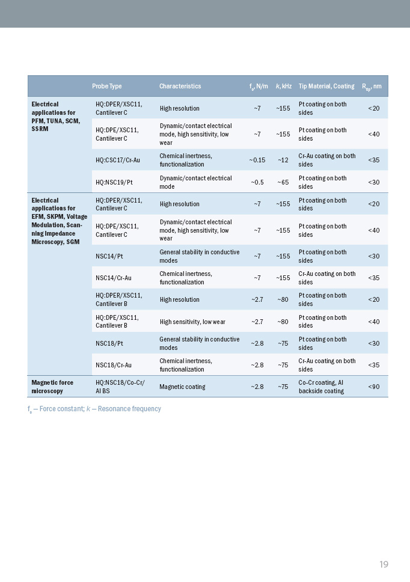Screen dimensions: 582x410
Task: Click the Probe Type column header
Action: (106, 87)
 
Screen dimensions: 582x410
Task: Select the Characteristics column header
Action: (180, 87)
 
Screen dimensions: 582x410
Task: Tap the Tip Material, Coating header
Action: (326, 87)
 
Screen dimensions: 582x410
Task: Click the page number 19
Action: (384, 564)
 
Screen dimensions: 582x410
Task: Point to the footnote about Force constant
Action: (94, 409)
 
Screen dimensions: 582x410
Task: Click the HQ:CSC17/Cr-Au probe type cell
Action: (118, 160)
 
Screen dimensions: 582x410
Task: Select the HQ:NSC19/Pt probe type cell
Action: (114, 182)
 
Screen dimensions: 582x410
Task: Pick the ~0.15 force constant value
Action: (257, 160)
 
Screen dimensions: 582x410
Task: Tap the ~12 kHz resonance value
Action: (283, 160)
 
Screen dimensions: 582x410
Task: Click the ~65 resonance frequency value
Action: (283, 182)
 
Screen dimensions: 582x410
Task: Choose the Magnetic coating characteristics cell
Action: (182, 387)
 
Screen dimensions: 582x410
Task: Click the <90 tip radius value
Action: (373, 387)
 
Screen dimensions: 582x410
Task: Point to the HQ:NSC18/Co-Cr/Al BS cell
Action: (120, 387)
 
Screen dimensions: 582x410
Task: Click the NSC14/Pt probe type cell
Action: (109, 256)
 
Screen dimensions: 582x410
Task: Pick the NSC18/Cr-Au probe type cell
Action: (114, 365)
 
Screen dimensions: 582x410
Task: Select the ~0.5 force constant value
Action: (257, 182)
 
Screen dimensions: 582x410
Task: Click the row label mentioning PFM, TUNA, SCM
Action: (54, 117)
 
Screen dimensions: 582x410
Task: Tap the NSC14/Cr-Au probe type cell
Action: (114, 278)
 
